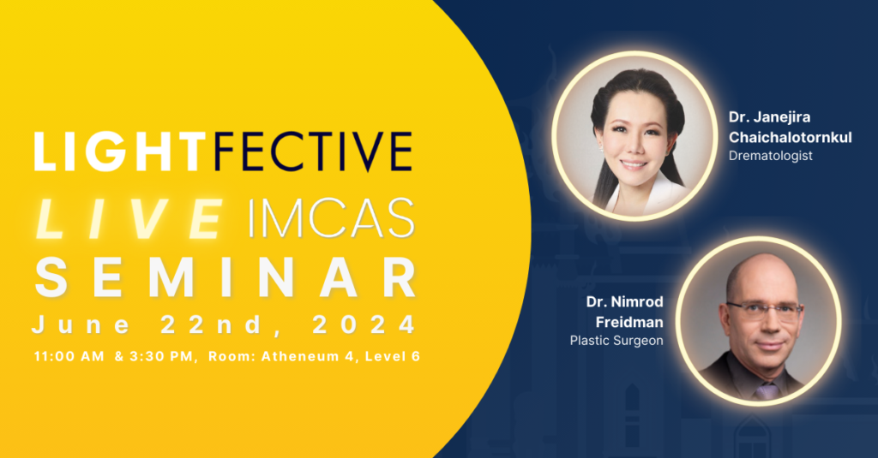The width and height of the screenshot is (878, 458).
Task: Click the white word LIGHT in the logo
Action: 120,151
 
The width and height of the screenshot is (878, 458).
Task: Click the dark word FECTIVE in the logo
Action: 313,151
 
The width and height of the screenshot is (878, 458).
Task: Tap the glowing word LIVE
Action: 130,219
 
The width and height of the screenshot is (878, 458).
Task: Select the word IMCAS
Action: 331,219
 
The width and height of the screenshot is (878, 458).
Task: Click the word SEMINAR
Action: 226,278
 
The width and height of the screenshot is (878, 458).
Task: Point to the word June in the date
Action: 81,325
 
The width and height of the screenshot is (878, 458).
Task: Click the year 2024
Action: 364,325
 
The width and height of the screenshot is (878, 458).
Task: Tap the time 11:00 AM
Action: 69,356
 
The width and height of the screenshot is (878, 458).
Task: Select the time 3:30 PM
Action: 161,356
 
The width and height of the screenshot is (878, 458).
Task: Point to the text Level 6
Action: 393,356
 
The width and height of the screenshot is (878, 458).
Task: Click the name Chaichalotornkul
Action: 790,137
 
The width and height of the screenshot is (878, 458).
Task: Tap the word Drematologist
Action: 771,156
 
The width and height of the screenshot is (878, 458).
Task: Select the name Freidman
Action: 629,322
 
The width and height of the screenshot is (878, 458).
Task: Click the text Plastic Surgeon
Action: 616,341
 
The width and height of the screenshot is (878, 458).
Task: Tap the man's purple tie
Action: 766,390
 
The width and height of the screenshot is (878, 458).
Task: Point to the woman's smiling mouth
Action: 634,165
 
